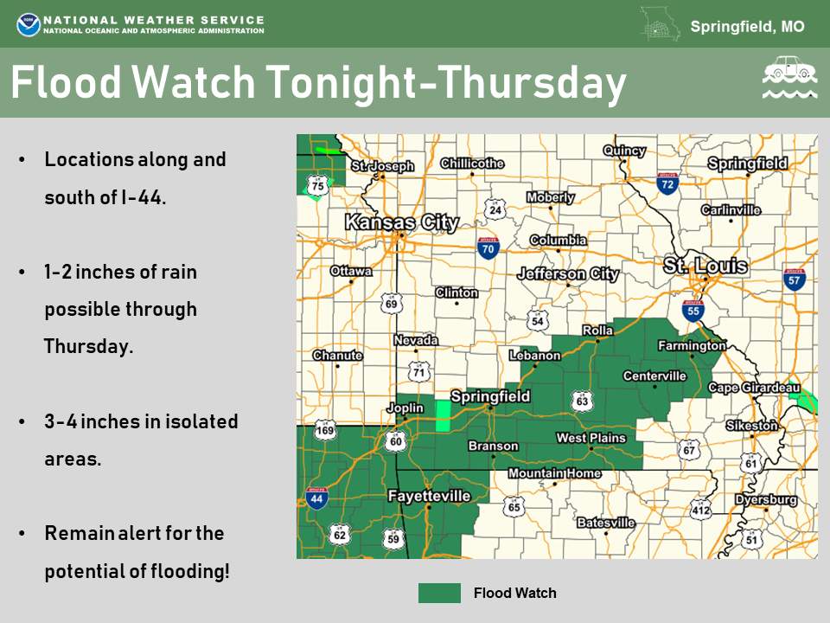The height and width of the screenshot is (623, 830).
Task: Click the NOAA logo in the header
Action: tap(28, 23)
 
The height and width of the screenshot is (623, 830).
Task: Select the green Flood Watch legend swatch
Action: tap(439, 593)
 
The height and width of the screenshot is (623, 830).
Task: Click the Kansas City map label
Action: tap(401, 222)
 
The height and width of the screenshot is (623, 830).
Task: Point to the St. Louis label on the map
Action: tap(705, 266)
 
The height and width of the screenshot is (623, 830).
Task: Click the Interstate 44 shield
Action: tap(317, 498)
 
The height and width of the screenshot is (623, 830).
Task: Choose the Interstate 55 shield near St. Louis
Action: tap(692, 310)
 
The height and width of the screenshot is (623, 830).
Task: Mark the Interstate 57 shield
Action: tap(795, 279)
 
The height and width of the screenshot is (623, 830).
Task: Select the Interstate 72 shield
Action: tap(667, 183)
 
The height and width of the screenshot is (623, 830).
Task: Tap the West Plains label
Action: tap(591, 438)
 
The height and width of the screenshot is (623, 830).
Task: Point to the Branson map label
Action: tap(493, 446)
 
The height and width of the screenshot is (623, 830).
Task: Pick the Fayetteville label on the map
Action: tap(429, 496)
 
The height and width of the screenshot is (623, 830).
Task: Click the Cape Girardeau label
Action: tap(754, 389)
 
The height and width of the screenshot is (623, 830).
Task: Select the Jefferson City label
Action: tap(568, 274)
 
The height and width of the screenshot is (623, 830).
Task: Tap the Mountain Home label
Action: tap(553, 473)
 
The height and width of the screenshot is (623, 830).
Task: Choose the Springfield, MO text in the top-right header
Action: tap(747, 27)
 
